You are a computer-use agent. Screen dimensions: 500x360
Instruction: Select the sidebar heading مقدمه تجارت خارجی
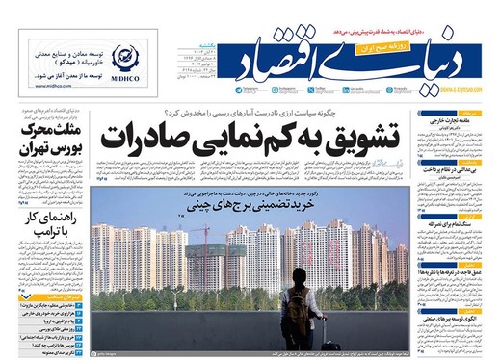452,120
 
